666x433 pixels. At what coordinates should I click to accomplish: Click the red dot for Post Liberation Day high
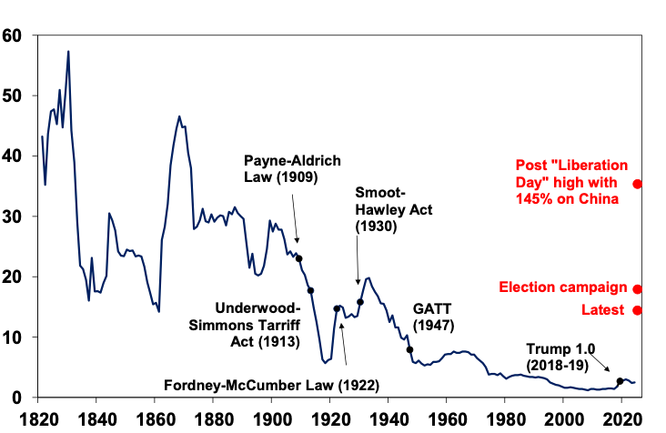[637, 184]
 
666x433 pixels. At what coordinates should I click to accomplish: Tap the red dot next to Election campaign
[637, 289]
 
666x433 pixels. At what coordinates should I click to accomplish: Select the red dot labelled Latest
[637, 310]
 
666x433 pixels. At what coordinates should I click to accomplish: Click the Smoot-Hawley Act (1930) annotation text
[381, 210]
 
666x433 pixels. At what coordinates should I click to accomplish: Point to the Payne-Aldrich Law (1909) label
[292, 169]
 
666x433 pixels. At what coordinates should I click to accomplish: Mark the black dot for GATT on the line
[409, 349]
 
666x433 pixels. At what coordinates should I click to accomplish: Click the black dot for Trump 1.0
[620, 381]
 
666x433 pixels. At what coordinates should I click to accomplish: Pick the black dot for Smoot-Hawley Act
[360, 302]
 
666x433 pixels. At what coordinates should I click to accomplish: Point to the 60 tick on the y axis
[14, 36]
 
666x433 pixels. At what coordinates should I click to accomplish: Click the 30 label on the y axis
[14, 216]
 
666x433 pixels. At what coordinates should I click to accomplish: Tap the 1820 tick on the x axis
[40, 419]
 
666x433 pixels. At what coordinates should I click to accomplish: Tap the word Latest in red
[602, 310]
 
